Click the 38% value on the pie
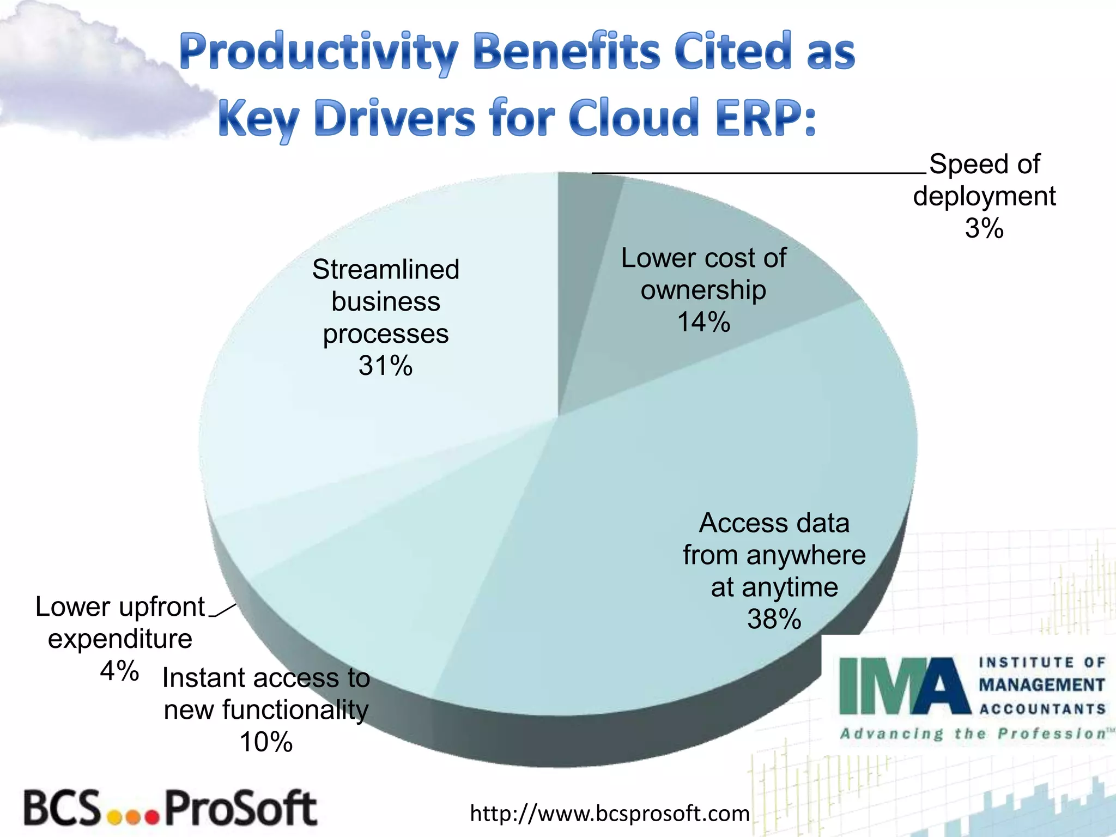[774, 620]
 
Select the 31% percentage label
[385, 366]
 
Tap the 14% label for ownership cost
[703, 322]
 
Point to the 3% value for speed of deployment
[984, 228]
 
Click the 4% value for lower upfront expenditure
[119, 671]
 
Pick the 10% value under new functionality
[266, 742]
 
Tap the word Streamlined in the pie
[385, 269]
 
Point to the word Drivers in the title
[395, 118]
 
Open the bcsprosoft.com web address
[609, 814]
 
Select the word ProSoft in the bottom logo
[240, 809]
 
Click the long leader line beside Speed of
[757, 173]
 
